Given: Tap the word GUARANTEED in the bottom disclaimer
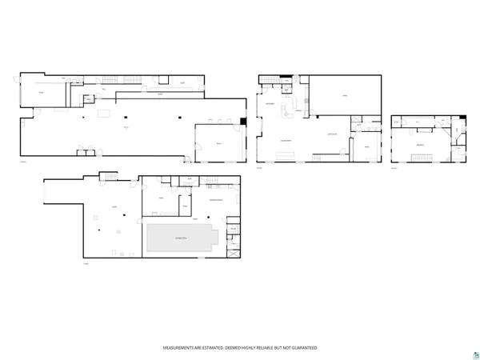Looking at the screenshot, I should pyautogui.click(x=302, y=348).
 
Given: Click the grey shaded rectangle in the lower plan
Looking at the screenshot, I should pyautogui.click(x=182, y=238).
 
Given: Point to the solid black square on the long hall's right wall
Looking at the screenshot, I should pyautogui.click(x=243, y=121).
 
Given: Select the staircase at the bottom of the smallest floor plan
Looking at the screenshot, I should pyautogui.click(x=419, y=160).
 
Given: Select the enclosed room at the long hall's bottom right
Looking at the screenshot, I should pyautogui.click(x=218, y=143).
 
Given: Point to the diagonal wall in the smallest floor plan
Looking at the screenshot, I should pyautogui.click(x=455, y=141).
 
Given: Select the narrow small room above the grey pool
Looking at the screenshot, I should pyautogui.click(x=185, y=207).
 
